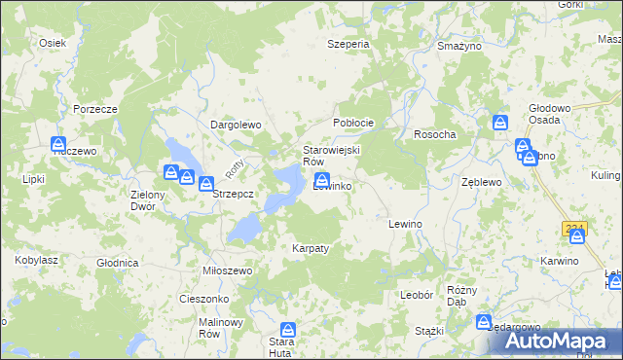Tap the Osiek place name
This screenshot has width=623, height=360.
52,43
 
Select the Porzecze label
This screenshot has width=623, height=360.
95,109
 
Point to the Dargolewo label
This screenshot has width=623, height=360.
237,125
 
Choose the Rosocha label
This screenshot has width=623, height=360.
435,134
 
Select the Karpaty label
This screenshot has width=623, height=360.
311,248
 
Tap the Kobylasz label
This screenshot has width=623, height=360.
35,260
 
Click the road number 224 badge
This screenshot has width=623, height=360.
573,228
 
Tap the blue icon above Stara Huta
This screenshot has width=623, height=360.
287,331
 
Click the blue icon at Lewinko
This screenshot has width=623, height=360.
321,179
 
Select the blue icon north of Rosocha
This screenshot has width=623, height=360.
499,124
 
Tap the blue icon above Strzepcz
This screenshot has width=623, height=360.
206,183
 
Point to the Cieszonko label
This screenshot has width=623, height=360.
203,299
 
